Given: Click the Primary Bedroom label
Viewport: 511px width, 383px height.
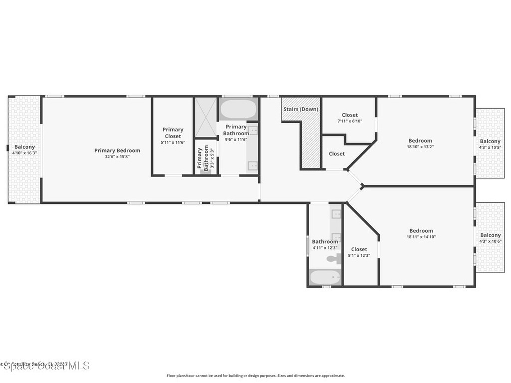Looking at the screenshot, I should coord(117,150).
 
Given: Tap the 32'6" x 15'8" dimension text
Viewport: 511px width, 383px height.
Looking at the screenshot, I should coord(117,156).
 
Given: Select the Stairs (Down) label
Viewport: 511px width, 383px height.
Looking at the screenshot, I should coord(301,109).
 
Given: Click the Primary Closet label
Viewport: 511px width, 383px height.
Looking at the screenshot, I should coord(173,133).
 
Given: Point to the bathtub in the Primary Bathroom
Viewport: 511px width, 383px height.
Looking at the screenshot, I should coord(238,109).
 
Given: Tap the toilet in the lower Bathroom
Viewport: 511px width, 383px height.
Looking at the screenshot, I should coord(333,259).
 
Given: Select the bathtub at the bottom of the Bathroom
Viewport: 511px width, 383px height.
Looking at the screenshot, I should coord(325,277).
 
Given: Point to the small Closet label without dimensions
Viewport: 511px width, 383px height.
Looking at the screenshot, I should coord(336,154).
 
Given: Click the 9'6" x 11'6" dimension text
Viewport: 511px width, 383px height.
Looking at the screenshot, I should coord(236,139).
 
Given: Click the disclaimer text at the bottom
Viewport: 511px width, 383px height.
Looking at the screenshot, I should coord(255,376).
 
